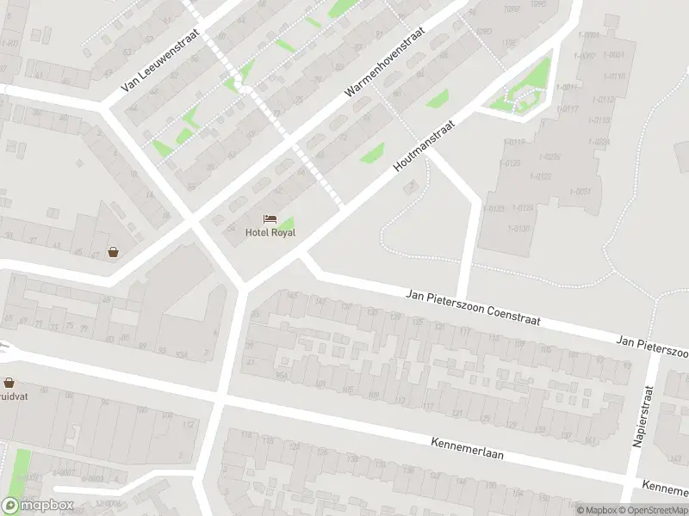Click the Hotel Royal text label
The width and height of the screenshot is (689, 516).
click(270, 232)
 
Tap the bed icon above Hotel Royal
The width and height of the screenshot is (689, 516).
click(270, 219)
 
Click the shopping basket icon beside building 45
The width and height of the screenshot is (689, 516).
click(113, 252)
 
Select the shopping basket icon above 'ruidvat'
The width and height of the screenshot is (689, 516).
click(9, 383)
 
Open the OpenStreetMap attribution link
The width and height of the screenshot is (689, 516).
click(651, 510)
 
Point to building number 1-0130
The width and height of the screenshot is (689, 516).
click(520, 228)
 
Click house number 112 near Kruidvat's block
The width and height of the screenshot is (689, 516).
click(189, 424)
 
